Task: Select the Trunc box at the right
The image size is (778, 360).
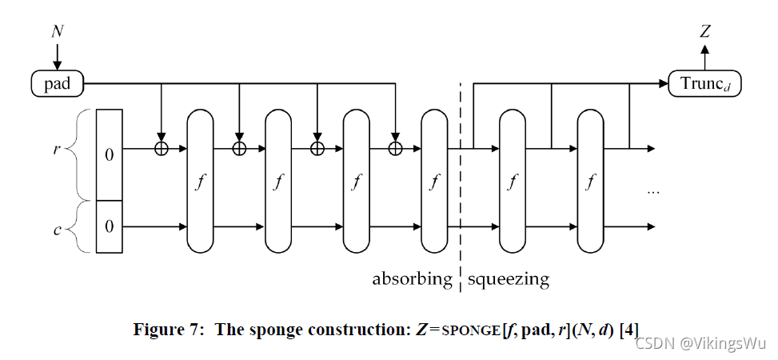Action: coord(704,82)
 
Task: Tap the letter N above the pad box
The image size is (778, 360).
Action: coord(58,32)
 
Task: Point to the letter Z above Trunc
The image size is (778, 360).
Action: coord(704,32)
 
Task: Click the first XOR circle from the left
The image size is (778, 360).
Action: coord(162,148)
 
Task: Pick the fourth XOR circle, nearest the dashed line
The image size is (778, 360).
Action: coord(394,148)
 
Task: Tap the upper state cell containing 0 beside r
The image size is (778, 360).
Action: coord(110,154)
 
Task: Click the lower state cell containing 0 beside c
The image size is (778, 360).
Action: coord(110,226)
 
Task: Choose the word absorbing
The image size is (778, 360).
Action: coord(412,279)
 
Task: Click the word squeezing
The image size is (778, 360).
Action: coord(509,279)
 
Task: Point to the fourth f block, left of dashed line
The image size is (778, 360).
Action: coord(434,180)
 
